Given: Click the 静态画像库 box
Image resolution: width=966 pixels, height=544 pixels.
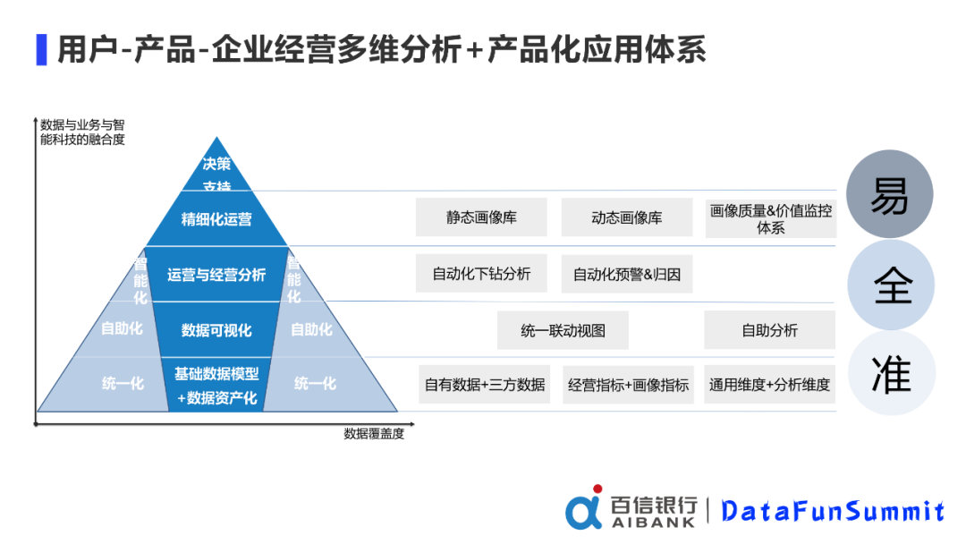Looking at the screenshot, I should pos(481,217).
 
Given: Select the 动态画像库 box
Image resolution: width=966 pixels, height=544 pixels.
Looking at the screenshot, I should pos(626,217).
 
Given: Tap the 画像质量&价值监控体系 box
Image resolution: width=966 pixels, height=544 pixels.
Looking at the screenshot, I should pos(770,218).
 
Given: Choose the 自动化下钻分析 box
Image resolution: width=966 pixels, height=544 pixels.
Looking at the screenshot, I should pos(481,274).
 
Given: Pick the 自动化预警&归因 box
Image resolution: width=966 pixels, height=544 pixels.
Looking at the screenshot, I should pos(626,274).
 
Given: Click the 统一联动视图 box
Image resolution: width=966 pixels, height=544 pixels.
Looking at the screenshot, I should pos(563,330).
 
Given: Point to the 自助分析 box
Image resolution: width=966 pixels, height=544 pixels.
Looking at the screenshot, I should pos(769,330).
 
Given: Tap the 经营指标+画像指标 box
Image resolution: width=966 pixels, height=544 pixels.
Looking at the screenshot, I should pos(628,385).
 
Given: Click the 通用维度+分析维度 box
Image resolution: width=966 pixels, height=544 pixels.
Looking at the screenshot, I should pos(769,385).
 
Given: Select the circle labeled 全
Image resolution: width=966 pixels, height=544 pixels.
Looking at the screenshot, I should pos(891,285).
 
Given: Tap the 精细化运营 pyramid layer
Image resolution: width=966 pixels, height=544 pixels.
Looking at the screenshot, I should pos(216,219).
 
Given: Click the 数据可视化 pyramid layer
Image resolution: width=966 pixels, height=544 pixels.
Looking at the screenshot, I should pos(216,330).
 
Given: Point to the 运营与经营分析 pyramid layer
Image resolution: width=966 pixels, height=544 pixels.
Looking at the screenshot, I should pos(216,275).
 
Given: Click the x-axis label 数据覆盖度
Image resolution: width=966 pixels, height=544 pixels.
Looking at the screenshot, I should pos(374,434).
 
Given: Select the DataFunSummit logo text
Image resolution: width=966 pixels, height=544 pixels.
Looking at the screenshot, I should pos(833,511).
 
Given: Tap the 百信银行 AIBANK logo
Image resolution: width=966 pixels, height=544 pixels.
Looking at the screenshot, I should pos(631,509).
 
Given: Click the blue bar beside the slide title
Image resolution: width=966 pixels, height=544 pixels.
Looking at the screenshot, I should pos(41,49).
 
